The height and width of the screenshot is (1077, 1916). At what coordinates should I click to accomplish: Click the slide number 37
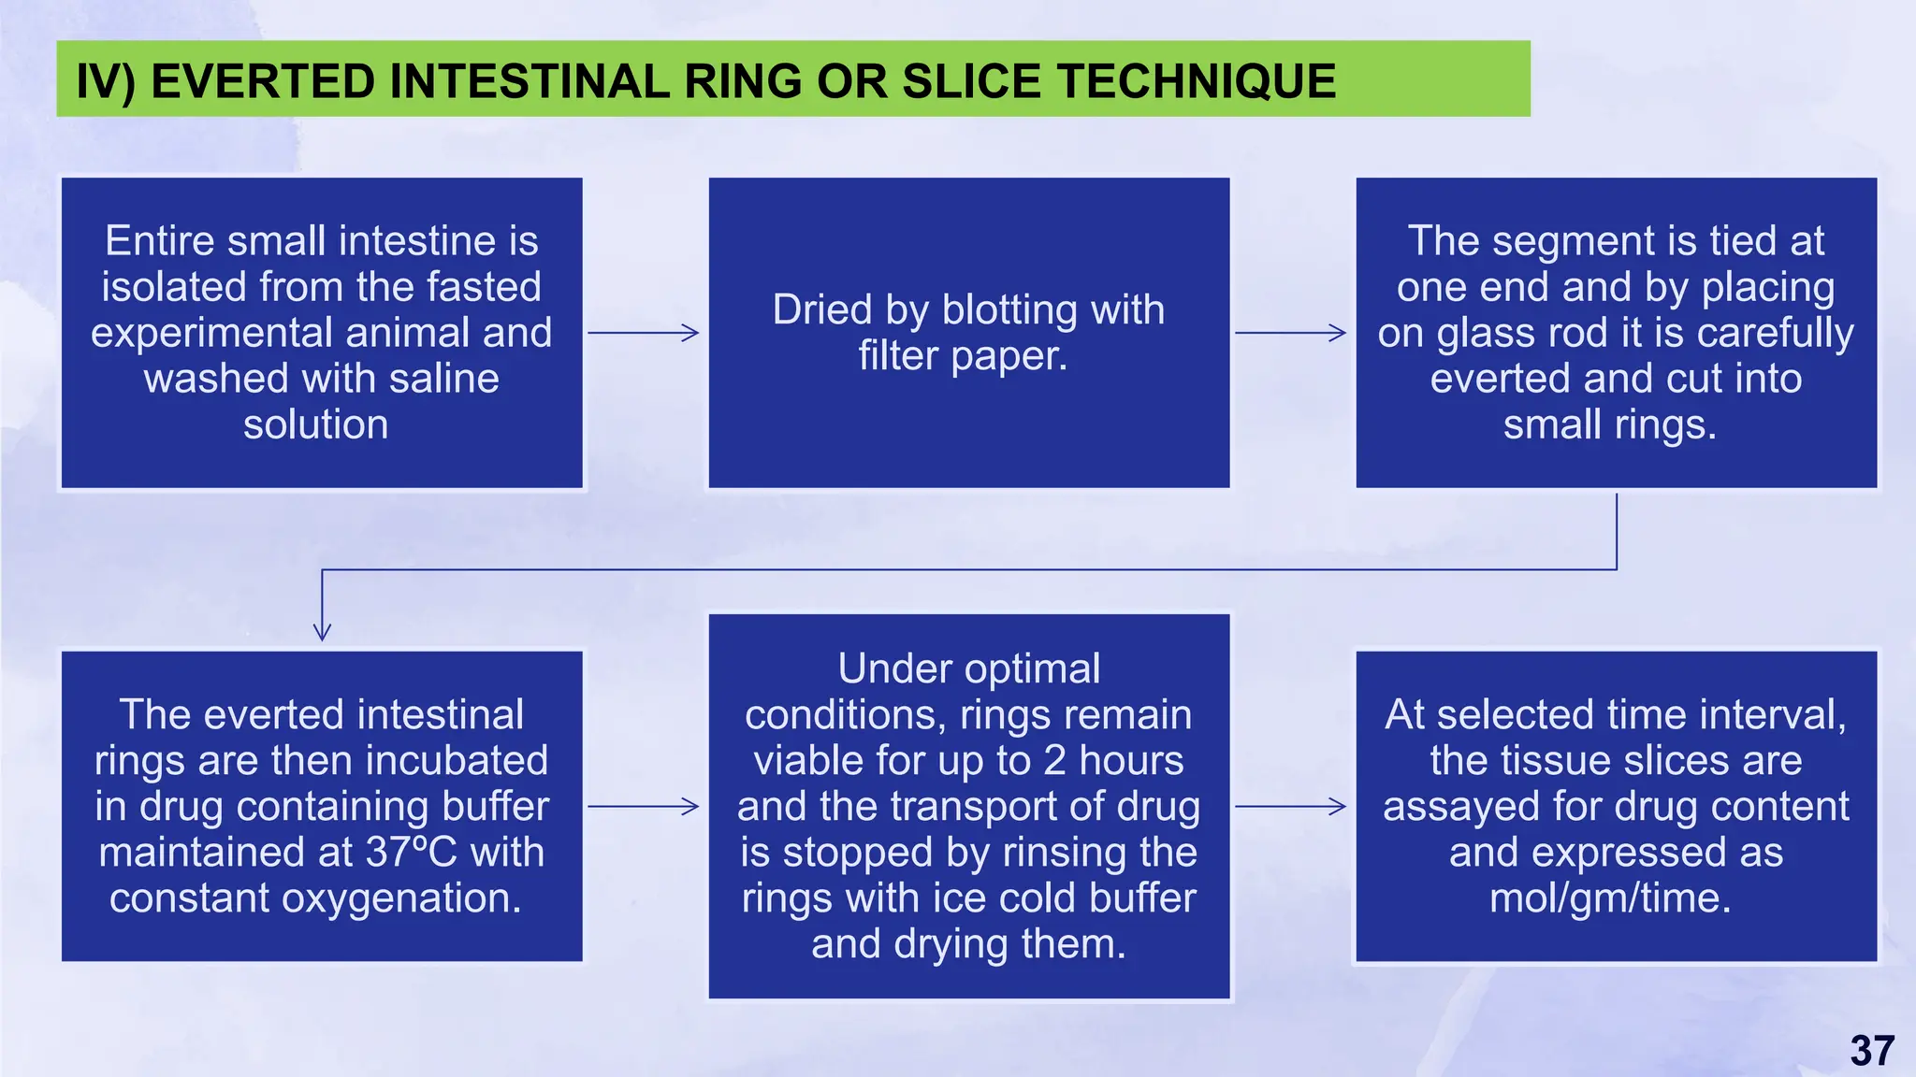coord(1872,1051)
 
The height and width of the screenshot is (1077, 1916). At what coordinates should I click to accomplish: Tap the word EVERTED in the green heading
coord(265,81)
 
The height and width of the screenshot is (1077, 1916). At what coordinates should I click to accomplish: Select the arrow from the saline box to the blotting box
coord(644,333)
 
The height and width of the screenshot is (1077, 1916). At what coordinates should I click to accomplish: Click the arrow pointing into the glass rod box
coord(1291,333)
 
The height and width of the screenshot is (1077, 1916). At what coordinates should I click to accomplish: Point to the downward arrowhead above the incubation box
coord(322,631)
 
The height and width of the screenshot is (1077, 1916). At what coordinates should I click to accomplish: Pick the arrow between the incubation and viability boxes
coord(644,806)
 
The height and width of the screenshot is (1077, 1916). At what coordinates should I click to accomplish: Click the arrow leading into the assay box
coord(1291,806)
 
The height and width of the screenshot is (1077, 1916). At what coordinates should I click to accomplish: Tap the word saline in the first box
coord(443,379)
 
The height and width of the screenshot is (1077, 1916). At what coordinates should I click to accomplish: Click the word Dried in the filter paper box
coord(824,309)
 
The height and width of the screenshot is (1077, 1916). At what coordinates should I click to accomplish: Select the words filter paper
coord(963,355)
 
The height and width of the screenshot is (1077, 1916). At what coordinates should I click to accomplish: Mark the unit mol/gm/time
coord(1610,897)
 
